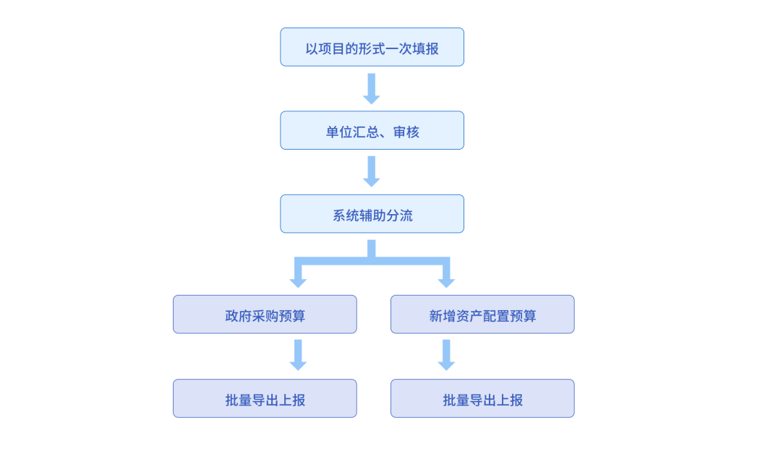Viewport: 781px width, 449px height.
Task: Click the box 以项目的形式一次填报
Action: (x=372, y=47)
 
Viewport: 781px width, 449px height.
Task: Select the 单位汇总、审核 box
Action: (x=372, y=130)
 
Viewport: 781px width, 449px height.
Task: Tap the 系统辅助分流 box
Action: (x=372, y=214)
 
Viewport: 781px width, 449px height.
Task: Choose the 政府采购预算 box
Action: (x=265, y=315)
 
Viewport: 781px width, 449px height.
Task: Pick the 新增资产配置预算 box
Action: (x=482, y=315)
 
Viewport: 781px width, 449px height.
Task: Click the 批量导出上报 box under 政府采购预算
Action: (x=265, y=398)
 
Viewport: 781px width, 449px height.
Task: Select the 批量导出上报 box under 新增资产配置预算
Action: (x=482, y=398)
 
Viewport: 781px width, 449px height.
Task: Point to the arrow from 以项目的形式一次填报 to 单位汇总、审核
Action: (x=372, y=88)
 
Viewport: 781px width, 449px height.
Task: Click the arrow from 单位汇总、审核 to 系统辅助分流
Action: (x=372, y=171)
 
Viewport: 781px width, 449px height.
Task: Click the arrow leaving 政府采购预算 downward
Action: (x=298, y=355)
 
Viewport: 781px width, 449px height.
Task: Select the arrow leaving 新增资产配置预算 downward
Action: (x=446, y=355)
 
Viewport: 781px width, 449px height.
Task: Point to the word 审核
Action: (x=406, y=132)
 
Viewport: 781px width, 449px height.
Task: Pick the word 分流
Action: (x=399, y=215)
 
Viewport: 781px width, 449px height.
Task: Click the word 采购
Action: (x=265, y=316)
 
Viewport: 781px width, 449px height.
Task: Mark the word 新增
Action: (x=443, y=316)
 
